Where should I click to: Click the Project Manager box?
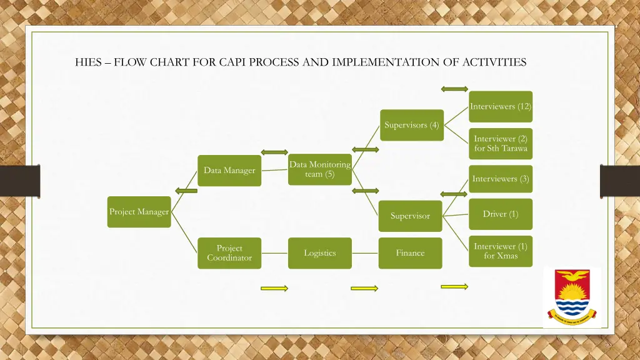(x=139, y=212)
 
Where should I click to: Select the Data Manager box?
(x=229, y=170)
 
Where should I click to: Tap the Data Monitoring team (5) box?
(x=320, y=169)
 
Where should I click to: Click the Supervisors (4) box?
(x=412, y=125)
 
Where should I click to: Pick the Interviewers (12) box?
(x=501, y=106)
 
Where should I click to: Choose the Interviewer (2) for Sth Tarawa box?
(x=501, y=144)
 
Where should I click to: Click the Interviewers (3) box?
(x=501, y=179)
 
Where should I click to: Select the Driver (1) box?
(x=501, y=214)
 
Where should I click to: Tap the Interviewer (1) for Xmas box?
(x=501, y=251)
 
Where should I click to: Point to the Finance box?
(x=410, y=253)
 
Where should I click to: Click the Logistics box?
(x=320, y=253)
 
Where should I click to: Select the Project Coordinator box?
(x=229, y=253)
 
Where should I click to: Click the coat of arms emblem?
(x=572, y=297)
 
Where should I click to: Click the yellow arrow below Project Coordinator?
(x=274, y=288)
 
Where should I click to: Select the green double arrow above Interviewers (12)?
(x=454, y=89)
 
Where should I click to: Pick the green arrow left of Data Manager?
(x=186, y=191)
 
